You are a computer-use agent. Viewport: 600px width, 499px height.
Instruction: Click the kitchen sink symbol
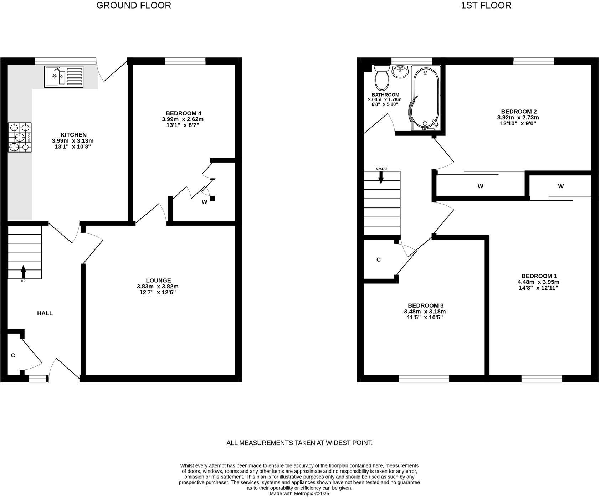click(63, 76)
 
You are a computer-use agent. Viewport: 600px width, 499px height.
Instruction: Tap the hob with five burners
click(20, 137)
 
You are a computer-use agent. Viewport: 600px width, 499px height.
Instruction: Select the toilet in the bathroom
click(382, 78)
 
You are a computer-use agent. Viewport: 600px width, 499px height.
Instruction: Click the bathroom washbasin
click(401, 71)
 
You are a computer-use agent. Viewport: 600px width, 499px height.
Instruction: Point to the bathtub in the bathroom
click(425, 98)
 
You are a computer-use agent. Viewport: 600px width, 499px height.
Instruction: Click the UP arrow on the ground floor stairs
click(23, 272)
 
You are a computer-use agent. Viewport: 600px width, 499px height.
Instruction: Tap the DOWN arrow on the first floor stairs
click(381, 177)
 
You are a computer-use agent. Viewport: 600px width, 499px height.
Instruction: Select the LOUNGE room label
click(158, 281)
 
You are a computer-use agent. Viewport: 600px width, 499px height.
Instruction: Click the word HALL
click(45, 313)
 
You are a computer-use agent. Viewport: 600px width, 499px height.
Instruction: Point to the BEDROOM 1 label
click(539, 276)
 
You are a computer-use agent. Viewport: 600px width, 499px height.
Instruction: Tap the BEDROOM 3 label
click(425, 305)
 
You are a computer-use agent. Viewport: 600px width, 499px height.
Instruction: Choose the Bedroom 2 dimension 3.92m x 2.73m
click(518, 118)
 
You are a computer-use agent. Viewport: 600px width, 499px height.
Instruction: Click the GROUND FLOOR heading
click(133, 5)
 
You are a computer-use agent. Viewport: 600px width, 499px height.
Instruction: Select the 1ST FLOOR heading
click(486, 5)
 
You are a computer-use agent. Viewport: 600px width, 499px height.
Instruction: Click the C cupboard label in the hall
click(13, 355)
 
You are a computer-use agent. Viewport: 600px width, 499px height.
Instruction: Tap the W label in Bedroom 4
click(204, 202)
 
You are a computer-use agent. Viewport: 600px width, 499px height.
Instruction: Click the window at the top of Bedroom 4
click(185, 61)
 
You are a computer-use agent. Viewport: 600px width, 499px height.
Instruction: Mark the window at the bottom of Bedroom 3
click(424, 379)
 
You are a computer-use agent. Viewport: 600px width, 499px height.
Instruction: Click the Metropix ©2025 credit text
click(299, 494)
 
